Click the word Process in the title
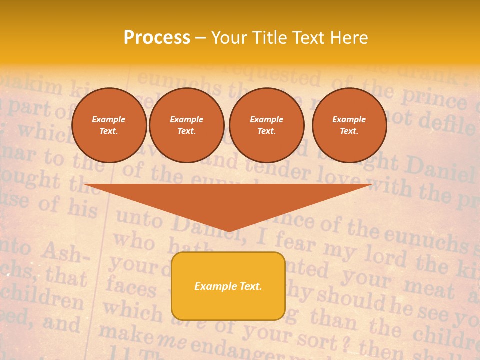pos(157,38)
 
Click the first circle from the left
pos(109,125)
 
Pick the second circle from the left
pos(187,125)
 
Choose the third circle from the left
pos(267,125)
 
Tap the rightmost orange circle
pos(349,125)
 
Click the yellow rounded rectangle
pos(228,286)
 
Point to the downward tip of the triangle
pos(229,230)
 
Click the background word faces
pos(131,287)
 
